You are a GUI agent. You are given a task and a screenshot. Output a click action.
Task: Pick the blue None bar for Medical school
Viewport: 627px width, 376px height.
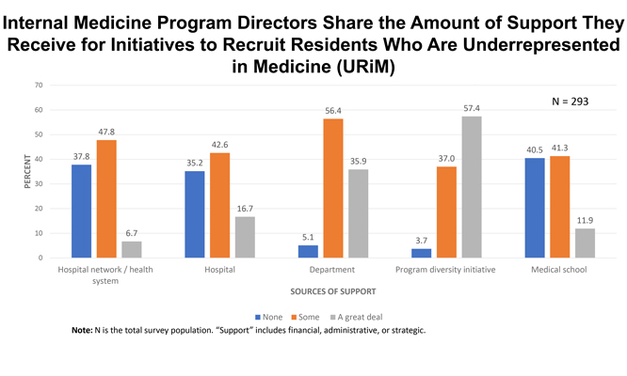tap(534, 208)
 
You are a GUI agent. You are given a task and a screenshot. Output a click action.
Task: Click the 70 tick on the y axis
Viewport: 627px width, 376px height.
tap(39, 86)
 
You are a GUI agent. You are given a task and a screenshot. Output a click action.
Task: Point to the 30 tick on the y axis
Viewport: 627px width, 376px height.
tap(39, 183)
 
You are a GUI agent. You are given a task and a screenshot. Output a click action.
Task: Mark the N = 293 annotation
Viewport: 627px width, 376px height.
tap(570, 101)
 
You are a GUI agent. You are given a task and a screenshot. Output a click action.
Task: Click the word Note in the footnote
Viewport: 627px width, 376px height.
tap(83, 331)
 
